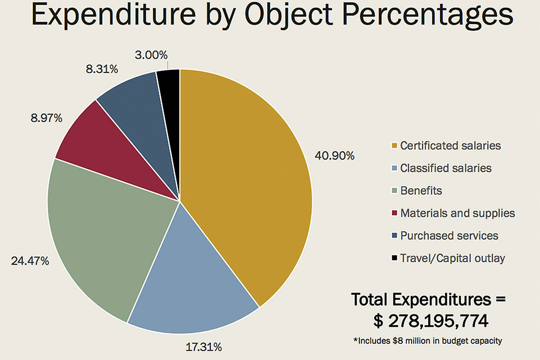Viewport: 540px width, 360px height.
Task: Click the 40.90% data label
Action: [334, 156]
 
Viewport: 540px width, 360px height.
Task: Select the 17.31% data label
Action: [203, 347]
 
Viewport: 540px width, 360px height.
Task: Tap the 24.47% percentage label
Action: [30, 261]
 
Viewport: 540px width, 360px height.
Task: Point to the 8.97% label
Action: [46, 118]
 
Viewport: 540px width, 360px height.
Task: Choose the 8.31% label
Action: [102, 69]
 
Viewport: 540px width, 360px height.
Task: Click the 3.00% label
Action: [151, 55]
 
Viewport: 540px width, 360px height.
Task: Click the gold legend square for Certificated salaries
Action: [394, 146]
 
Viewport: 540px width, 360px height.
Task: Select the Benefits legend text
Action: [421, 191]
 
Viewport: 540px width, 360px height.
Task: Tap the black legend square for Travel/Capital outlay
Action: [394, 258]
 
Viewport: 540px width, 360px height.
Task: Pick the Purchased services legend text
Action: [449, 236]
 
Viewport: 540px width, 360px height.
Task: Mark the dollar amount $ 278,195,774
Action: [430, 321]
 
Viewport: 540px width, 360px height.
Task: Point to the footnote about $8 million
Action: [427, 341]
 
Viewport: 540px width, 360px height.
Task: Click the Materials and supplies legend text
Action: [457, 213]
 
